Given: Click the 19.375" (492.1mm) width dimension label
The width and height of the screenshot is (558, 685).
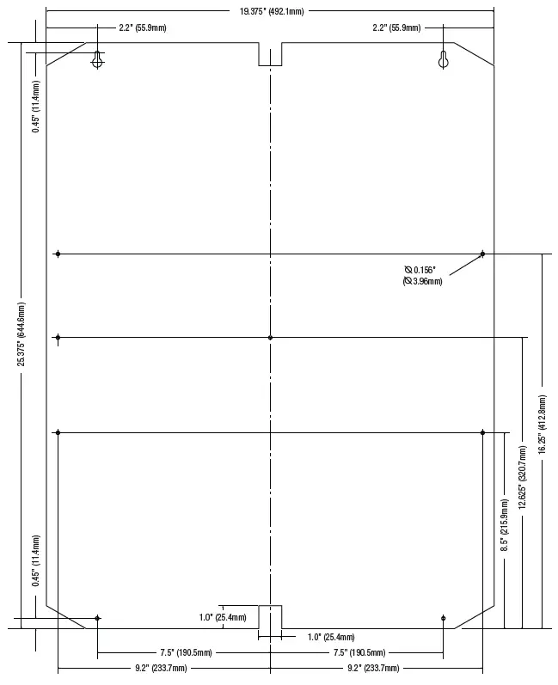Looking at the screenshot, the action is [272, 11].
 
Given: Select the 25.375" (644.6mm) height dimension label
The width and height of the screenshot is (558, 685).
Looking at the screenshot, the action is [21, 334].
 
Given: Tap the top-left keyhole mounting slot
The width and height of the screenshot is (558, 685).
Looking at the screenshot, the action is [97, 59].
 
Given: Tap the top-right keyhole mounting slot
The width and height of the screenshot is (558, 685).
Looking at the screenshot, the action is [443, 59].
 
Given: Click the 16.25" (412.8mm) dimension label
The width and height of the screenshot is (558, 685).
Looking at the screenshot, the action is [543, 425].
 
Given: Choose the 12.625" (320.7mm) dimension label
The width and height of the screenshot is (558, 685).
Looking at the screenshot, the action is [522, 478].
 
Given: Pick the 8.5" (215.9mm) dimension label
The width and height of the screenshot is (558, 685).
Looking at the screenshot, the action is [505, 524].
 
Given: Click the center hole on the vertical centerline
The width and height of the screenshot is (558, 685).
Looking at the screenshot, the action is [270, 338].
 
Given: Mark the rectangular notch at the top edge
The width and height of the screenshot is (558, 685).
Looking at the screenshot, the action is [270, 54].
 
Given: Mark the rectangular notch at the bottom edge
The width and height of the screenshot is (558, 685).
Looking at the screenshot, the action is [270, 617].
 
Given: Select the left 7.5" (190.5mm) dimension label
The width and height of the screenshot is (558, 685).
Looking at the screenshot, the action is [187, 652].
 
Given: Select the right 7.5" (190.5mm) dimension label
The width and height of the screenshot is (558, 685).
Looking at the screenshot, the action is [359, 652].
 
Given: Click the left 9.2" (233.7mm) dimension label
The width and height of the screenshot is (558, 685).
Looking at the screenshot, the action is [161, 668].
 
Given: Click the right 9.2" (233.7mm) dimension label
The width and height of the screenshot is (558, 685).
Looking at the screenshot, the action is [373, 668].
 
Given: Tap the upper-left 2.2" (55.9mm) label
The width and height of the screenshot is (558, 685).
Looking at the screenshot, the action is [143, 28].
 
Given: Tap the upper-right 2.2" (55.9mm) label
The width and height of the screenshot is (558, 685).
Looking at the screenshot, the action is [396, 28].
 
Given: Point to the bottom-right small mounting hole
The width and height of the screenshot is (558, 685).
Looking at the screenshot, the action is [443, 618].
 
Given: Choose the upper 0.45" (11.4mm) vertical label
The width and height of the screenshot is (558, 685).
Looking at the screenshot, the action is [36, 107].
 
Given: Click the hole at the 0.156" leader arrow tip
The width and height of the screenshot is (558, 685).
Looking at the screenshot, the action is [482, 254].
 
